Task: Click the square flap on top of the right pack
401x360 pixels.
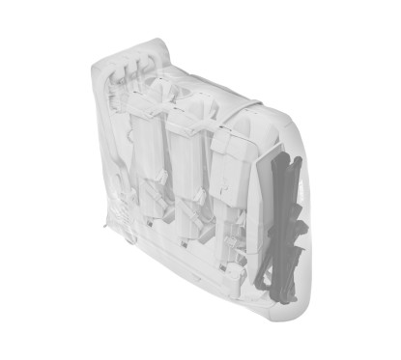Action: tap(222, 144)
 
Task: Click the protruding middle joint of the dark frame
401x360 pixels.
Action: tap(301, 232)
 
